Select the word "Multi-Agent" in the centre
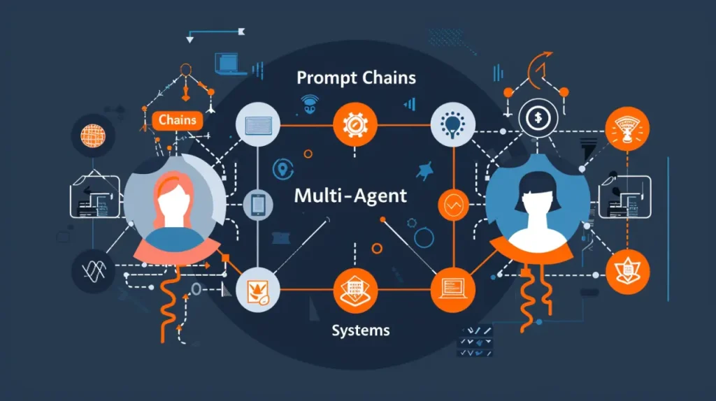(x=350, y=196)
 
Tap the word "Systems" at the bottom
(x=361, y=329)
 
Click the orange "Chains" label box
(x=178, y=120)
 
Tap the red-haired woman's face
(x=173, y=203)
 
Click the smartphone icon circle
(x=258, y=204)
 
